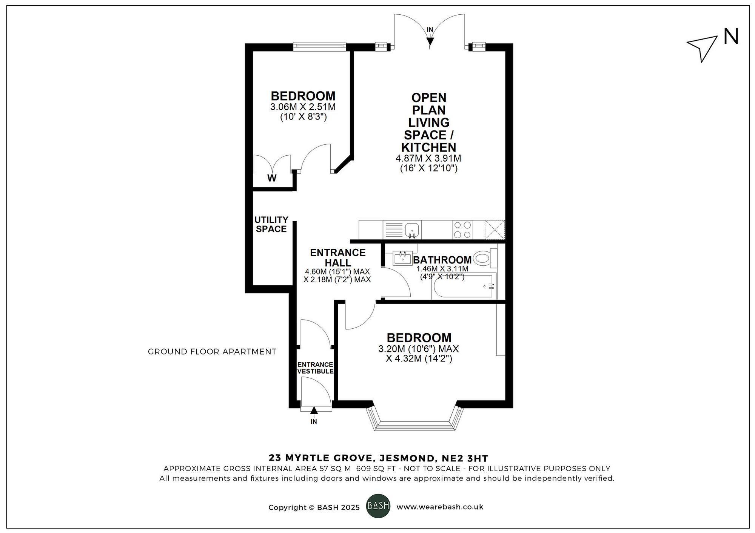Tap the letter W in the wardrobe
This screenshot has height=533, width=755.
coord(272,178)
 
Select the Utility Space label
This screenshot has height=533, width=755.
coord(271,224)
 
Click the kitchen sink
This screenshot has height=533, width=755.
coord(412,230)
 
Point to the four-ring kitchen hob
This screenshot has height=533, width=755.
coord(462,230)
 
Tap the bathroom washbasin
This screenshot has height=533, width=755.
coord(403,258)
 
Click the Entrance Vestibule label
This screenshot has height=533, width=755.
coord(316,368)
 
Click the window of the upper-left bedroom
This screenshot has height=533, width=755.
coord(319,46)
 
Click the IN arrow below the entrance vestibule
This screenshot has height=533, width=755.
coord(314,414)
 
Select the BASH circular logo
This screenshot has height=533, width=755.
coord(378,505)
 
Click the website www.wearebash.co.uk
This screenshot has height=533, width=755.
coord(440,507)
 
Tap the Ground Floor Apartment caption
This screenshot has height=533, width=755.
coord(212,352)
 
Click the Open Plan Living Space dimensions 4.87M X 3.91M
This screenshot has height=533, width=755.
coord(428,158)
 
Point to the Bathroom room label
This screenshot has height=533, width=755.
coord(442,260)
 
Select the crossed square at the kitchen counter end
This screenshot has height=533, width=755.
coord(495,230)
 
